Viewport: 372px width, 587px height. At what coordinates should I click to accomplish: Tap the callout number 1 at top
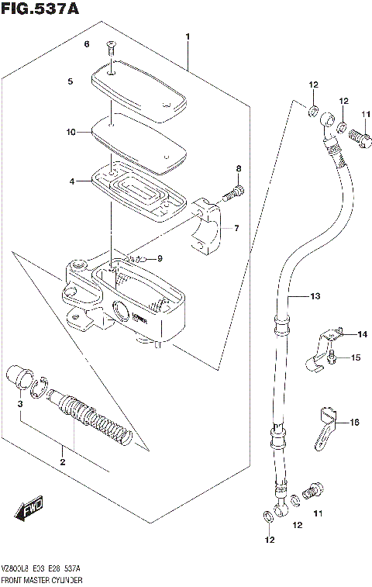(187, 36)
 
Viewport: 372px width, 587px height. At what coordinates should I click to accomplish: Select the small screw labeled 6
(111, 47)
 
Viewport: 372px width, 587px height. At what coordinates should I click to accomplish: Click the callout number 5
(70, 81)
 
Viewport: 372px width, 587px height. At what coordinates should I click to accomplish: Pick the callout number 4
(71, 181)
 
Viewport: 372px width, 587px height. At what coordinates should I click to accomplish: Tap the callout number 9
(160, 258)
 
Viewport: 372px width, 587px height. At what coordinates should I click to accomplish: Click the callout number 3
(21, 404)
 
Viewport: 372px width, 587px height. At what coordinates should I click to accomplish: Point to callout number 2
(63, 462)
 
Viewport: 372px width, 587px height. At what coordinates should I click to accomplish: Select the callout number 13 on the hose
(314, 296)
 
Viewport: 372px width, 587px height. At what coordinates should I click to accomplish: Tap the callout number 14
(362, 334)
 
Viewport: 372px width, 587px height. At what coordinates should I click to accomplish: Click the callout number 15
(356, 357)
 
